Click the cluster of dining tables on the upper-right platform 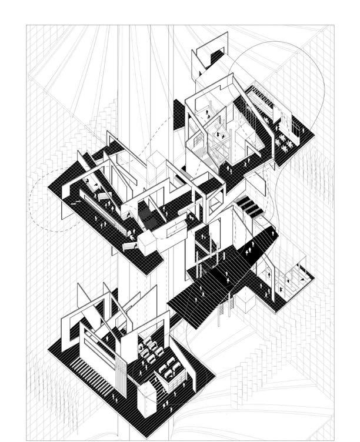point(286,141)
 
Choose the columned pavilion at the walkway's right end point(288,276)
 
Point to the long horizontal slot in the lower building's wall point(101,344)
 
